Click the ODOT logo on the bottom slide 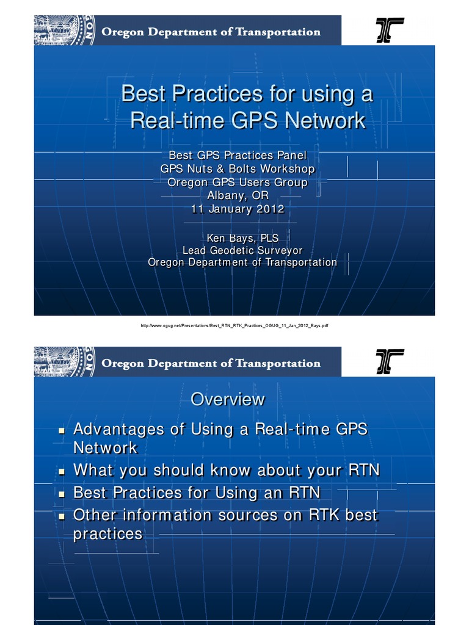pyautogui.click(x=390, y=362)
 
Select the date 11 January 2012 pyautogui.click(x=238, y=209)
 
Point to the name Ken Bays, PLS pyautogui.click(x=242, y=238)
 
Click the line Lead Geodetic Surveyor pyautogui.click(x=242, y=250)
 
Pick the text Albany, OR pyautogui.click(x=238, y=195)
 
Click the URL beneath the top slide pyautogui.click(x=234, y=326)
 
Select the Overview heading pyautogui.click(x=228, y=399)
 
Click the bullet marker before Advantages pyautogui.click(x=61, y=430)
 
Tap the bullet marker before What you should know pyautogui.click(x=61, y=471)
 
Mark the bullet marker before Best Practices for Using pyautogui.click(x=61, y=493)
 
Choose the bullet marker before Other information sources pyautogui.click(x=61, y=516)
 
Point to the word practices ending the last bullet pyautogui.click(x=107, y=534)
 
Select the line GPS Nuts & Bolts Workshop pyautogui.click(x=238, y=168)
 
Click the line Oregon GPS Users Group pyautogui.click(x=238, y=182)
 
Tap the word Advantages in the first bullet pyautogui.click(x=118, y=429)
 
